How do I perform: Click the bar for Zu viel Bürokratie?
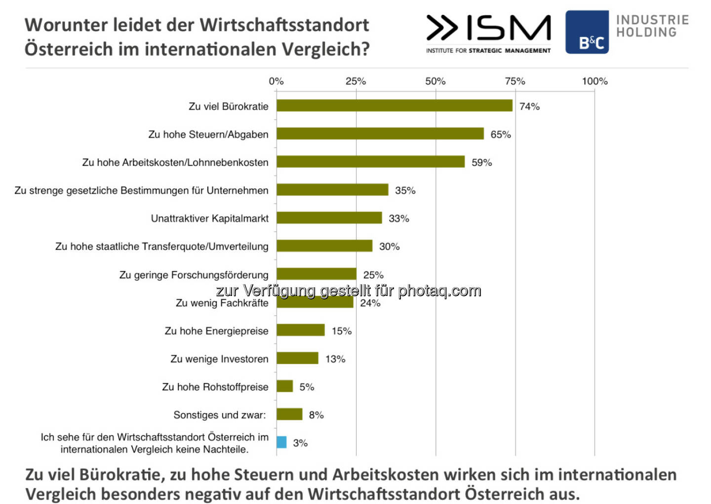coord(394,106)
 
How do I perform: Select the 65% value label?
coord(500,134)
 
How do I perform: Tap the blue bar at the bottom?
coord(281,442)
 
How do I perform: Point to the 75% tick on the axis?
coord(514,82)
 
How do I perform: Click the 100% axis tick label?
coord(594,82)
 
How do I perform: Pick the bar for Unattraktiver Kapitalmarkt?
coord(329,218)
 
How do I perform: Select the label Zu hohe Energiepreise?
coord(216,331)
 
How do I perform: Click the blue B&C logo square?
coord(587,32)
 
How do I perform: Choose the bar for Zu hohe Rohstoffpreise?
coord(284,386)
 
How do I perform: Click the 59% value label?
coord(481,163)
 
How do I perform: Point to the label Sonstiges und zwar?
coord(219,415)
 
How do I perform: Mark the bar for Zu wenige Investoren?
coord(297,358)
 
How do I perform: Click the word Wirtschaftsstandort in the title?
coord(284,25)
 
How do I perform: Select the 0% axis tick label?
coord(276,82)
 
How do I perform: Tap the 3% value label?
coord(300,443)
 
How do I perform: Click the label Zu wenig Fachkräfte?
coord(222,303)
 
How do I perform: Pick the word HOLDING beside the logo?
coord(646,33)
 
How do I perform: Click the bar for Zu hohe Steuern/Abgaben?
coord(380,134)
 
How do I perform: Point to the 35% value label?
coord(405,191)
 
